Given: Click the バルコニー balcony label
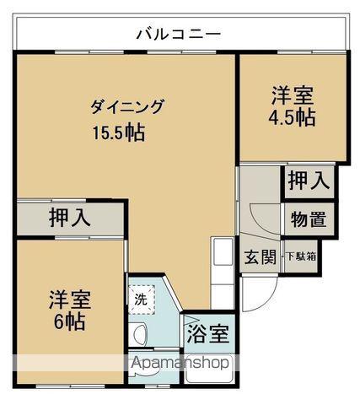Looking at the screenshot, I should [x=179, y=35].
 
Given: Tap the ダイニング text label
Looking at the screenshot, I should [x=126, y=107].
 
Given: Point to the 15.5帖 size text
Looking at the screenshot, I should [x=119, y=132].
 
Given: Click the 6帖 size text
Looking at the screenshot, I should [x=70, y=321].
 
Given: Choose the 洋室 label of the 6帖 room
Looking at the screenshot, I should [x=70, y=300].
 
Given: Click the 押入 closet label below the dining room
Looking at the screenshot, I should [x=70, y=219].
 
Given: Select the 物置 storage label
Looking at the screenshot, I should [x=309, y=219].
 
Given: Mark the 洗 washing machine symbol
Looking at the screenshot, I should [x=141, y=299].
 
